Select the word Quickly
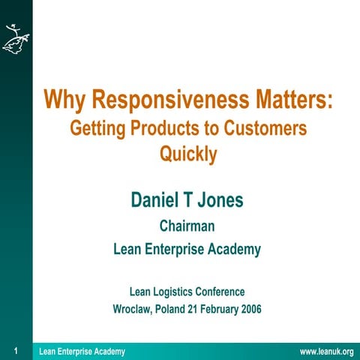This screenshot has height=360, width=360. point(188,154)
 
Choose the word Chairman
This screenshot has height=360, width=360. point(187,225)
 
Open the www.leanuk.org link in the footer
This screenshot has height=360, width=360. point(326,352)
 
